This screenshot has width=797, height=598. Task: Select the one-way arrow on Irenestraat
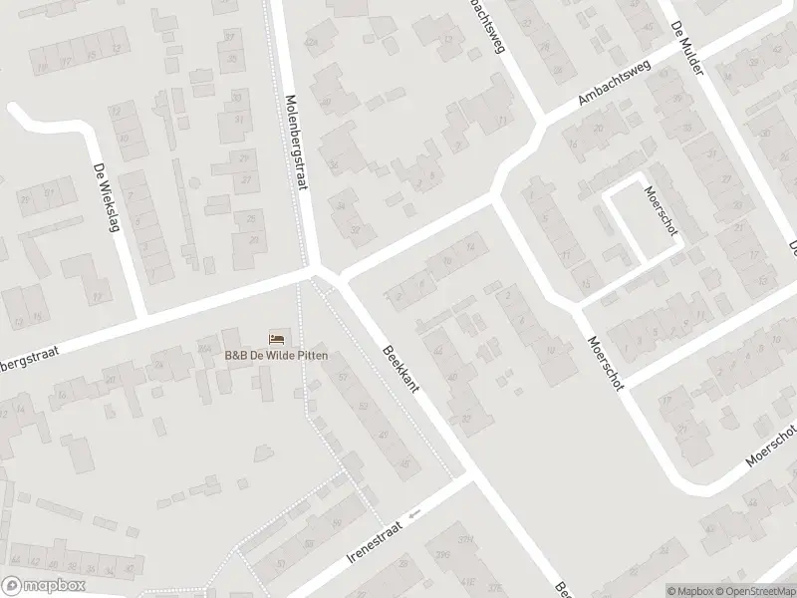(x=414, y=513)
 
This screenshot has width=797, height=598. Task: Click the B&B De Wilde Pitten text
(x=276, y=356)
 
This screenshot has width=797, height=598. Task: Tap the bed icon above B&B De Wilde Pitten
(x=276, y=338)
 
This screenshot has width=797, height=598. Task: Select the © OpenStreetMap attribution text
(x=755, y=590)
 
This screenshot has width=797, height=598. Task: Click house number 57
(x=345, y=378)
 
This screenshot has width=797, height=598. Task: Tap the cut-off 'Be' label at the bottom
(x=560, y=588)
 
